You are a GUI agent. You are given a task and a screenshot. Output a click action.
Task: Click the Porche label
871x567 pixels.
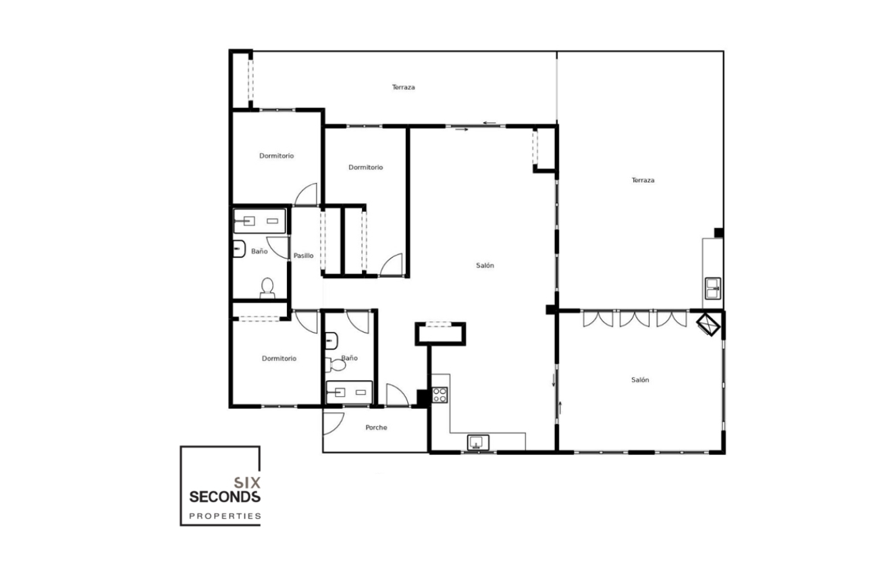tap(376, 427)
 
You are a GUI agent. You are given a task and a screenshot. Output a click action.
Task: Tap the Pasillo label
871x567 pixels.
tap(303, 256)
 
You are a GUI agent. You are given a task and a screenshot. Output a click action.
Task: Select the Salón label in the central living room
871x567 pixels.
tap(485, 265)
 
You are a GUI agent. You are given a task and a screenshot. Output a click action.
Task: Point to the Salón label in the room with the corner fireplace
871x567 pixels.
tap(640, 380)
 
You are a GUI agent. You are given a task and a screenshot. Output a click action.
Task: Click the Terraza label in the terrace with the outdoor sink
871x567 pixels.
tap(643, 180)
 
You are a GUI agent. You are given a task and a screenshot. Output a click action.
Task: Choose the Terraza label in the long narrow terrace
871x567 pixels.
tap(403, 87)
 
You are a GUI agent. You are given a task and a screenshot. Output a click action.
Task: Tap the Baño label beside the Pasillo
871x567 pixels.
tap(259, 251)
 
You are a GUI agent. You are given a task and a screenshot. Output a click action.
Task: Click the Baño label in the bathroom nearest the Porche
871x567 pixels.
tap(349, 358)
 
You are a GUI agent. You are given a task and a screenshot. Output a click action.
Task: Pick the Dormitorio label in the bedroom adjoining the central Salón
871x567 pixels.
tap(365, 167)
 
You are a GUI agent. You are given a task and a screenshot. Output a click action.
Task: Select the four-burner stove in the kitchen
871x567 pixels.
tap(440, 395)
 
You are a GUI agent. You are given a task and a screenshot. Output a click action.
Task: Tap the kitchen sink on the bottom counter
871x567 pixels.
tap(478, 443)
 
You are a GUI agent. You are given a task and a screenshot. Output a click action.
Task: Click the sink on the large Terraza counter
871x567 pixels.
tap(712, 288)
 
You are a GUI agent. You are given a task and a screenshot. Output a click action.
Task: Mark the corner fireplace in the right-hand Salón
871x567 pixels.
tap(709, 324)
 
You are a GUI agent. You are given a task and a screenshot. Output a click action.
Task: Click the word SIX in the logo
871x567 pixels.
tap(246, 483)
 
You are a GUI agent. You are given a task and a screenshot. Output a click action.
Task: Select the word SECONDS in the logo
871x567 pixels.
tap(224, 497)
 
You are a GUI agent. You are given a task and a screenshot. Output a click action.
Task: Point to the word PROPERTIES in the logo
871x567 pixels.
tap(224, 516)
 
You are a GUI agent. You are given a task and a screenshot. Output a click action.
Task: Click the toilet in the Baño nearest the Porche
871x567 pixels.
tap(335, 365)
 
